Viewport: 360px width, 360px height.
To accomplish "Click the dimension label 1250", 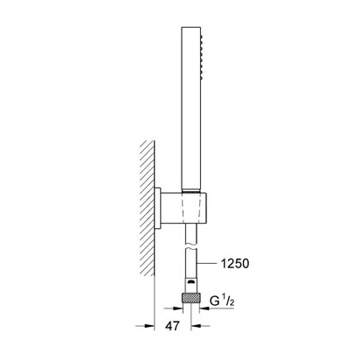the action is [235, 264].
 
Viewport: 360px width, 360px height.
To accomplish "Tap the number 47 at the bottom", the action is [172, 326].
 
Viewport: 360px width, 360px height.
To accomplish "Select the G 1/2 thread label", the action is [222, 301].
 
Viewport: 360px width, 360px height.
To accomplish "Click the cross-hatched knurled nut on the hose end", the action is [190, 298].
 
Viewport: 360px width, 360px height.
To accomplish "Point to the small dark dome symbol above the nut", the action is [191, 281].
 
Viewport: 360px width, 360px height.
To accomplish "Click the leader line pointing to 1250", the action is [206, 264].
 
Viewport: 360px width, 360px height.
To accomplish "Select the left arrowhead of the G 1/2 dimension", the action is [177, 308].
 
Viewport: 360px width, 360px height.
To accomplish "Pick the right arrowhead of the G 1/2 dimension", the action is [204, 308].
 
